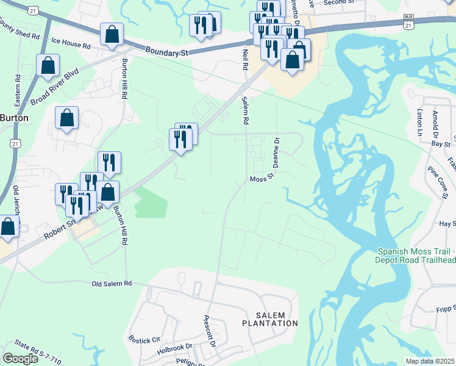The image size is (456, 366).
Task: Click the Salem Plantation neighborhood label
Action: click(x=270, y=318)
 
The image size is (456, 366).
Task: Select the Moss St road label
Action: click(x=263, y=179)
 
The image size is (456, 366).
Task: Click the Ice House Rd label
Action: click(x=71, y=45)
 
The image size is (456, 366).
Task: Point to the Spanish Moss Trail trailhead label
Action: click(x=416, y=256)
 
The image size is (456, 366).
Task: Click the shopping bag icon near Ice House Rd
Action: click(x=112, y=35)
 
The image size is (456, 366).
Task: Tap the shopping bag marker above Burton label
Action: click(x=67, y=118)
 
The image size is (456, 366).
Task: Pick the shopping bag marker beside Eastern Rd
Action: click(x=48, y=66)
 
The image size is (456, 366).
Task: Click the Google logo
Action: click(x=20, y=359)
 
